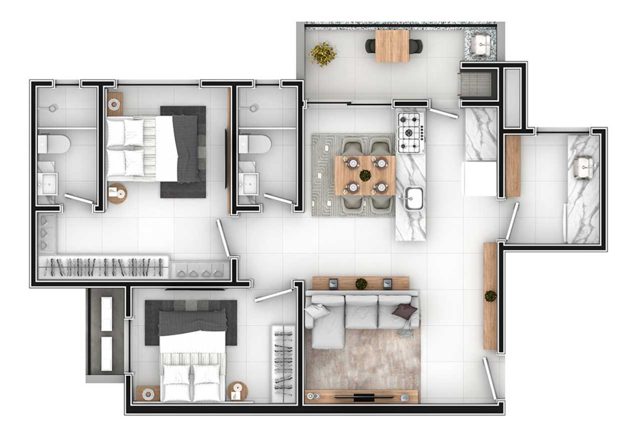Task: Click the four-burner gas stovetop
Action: pos(411,132)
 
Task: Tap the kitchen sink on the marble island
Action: pos(414,200)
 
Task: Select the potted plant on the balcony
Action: pos(323,54)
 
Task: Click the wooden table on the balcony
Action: pos(392,46)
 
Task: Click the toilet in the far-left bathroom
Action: pos(54,144)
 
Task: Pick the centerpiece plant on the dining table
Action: pos(365,175)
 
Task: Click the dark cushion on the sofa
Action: pos(405,312)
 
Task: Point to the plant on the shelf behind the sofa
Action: pos(361,284)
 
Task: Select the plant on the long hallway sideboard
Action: pos(491,296)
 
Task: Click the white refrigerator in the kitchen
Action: pos(480,179)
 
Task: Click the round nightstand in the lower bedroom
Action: pos(237,390)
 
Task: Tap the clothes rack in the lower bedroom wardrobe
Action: pos(283,363)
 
